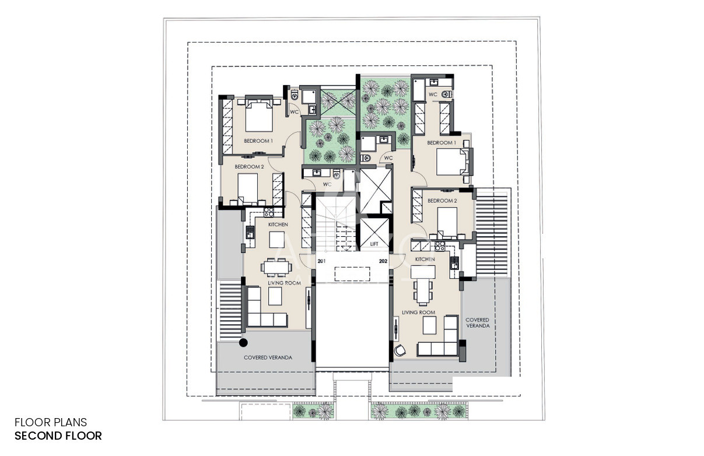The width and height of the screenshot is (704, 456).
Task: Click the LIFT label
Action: (374, 244)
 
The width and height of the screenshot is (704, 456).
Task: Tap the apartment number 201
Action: (321, 261)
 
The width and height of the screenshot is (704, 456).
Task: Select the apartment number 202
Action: (383, 261)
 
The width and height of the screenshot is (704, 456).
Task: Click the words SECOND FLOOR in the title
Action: (58, 436)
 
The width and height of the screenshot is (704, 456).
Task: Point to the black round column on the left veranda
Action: (243, 343)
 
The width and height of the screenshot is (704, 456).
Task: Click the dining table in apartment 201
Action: (276, 268)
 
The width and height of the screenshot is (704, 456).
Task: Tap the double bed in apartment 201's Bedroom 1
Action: (258, 115)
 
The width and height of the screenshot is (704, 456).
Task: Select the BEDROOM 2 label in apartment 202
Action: (442, 201)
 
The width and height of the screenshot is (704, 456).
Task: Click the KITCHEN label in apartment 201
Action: (278, 225)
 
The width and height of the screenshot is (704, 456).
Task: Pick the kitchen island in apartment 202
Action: (423, 272)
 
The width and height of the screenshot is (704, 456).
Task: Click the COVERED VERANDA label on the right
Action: (477, 322)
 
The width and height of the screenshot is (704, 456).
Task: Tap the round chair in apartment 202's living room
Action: (400, 350)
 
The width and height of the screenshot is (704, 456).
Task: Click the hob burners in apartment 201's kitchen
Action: (269, 212)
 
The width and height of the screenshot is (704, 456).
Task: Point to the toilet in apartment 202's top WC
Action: (446, 94)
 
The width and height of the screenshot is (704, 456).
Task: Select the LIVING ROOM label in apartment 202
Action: (419, 313)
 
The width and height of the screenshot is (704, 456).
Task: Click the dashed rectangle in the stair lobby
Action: (352, 274)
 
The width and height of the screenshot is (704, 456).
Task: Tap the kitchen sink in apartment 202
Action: (454, 263)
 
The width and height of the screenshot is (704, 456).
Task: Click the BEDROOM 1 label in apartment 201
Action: (258, 141)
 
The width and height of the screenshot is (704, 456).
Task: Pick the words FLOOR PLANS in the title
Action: (51, 422)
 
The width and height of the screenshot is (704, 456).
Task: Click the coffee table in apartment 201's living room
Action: (275, 296)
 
